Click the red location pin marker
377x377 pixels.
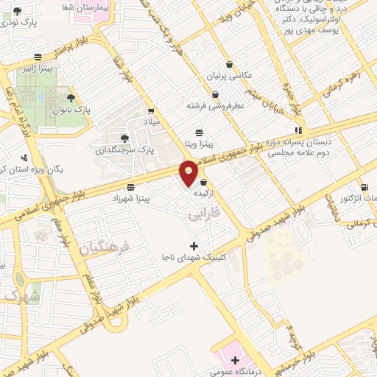pos(188,172)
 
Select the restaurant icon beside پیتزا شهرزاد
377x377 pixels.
pos(130,187)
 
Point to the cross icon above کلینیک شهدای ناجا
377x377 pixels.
pos(194,245)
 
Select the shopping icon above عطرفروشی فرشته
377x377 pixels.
pos(215,94)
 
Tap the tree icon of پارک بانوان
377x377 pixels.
pos(71,97)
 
